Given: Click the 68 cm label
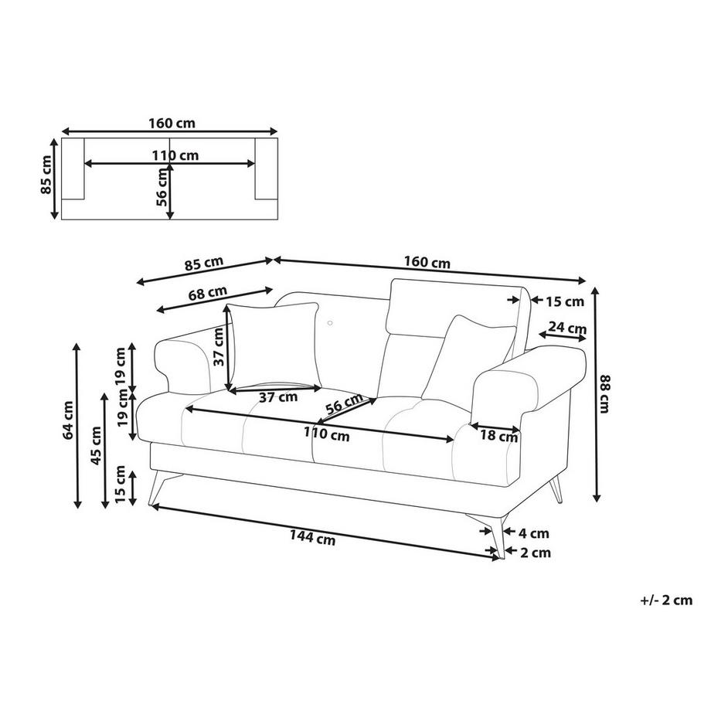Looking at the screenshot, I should [208, 293].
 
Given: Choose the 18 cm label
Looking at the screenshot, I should [498, 437].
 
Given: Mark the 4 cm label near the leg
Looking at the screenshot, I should [533, 532].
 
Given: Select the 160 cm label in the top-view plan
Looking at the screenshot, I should [172, 122].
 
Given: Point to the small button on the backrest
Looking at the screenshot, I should [329, 323].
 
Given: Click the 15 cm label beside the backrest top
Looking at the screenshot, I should [564, 301].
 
